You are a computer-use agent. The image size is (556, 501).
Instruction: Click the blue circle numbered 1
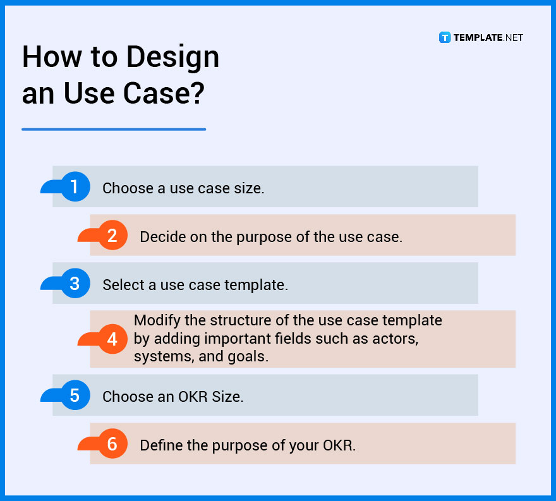click(75, 187)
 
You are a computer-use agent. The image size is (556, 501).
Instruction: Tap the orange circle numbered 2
click(112, 236)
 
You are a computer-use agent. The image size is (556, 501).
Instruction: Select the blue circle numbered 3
click(75, 284)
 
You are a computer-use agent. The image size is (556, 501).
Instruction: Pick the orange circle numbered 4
click(112, 339)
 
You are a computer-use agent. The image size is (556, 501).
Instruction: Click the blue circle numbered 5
click(75, 395)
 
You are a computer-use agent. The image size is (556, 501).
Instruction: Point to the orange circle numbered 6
click(112, 444)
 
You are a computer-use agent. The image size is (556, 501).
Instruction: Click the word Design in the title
click(172, 58)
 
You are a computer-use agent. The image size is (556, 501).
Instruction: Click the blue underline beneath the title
click(114, 130)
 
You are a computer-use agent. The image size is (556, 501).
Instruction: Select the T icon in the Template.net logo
click(445, 38)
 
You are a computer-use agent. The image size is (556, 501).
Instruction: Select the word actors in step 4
click(397, 339)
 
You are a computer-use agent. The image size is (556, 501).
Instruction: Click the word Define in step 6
click(159, 445)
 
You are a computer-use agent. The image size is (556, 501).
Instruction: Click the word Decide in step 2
click(160, 237)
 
